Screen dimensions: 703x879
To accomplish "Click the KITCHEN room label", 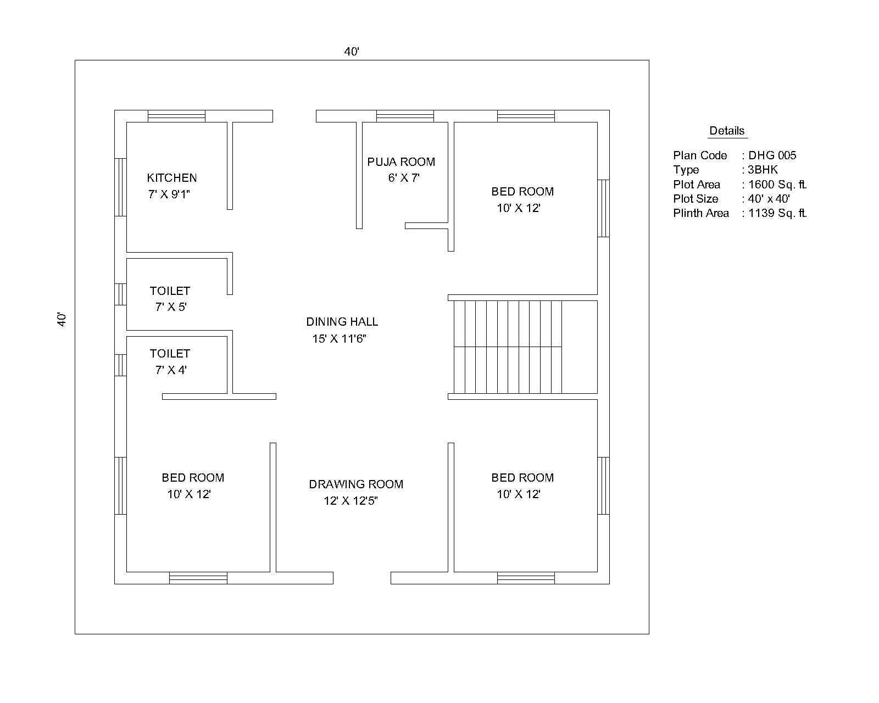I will [x=171, y=178].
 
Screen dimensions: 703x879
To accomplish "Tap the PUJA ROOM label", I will [x=401, y=162].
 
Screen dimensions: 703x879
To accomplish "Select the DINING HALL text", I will [x=342, y=322].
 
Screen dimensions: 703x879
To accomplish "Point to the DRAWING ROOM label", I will [x=356, y=484].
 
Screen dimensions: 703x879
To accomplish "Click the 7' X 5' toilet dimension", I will [x=171, y=307].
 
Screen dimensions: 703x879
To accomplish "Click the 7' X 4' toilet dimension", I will [x=171, y=370].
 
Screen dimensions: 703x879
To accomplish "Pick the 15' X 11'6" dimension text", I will [x=339, y=339].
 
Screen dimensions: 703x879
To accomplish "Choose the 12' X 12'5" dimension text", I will [x=351, y=501].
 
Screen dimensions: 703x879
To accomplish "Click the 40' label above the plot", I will [x=352, y=52].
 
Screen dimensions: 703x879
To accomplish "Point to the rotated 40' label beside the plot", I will [x=62, y=320].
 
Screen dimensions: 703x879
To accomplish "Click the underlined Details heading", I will [x=727, y=131].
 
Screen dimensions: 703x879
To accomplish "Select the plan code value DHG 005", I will [x=772, y=155].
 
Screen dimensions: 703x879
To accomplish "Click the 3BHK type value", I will [x=763, y=170].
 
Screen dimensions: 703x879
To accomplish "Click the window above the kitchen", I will [x=176, y=116].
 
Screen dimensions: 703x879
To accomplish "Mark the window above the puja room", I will [x=405, y=116].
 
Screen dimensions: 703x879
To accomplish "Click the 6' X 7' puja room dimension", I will [x=404, y=178].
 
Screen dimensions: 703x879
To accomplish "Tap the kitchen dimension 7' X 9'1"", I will [x=169, y=194].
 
